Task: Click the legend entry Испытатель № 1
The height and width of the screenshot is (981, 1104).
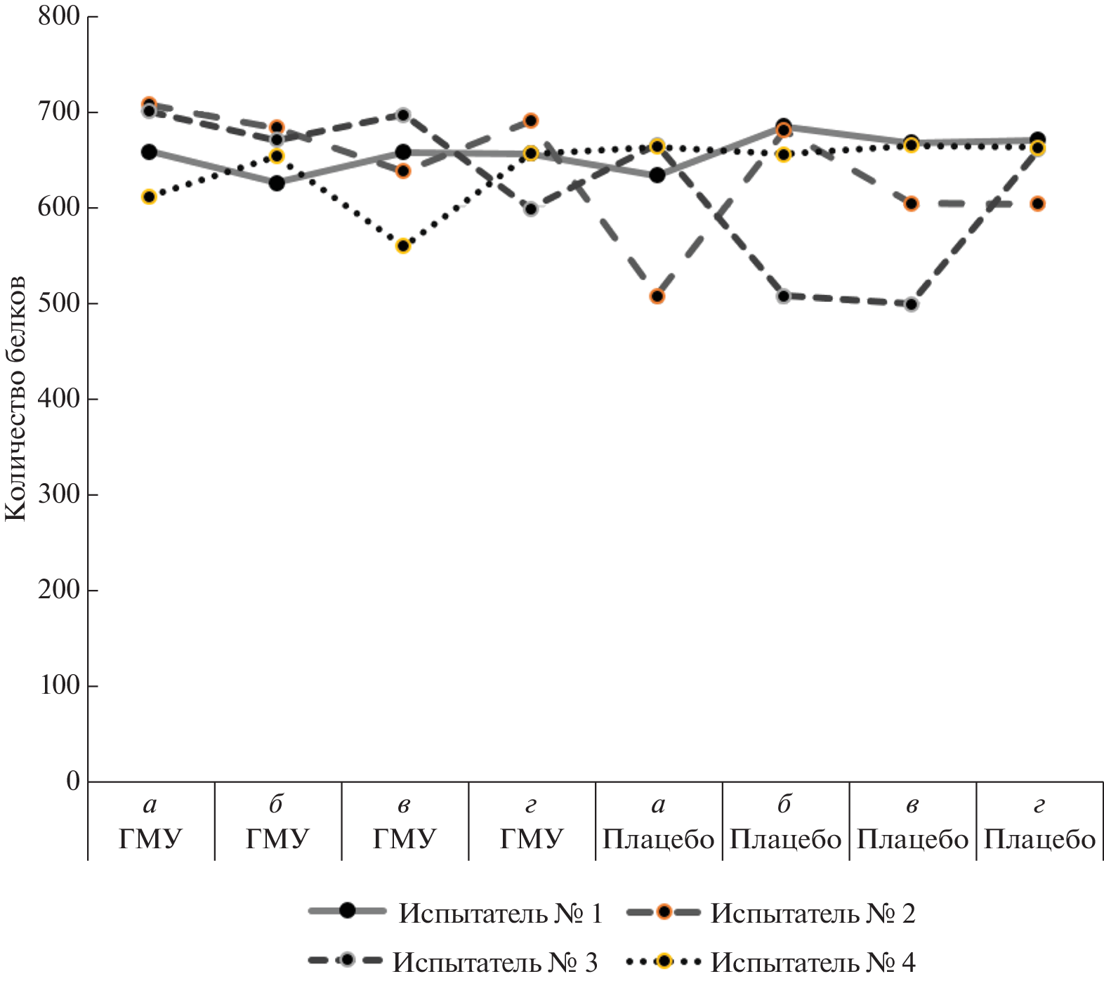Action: click(x=500, y=913)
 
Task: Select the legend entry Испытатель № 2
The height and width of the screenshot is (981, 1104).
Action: click(x=813, y=913)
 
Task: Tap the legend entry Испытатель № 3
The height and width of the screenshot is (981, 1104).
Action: click(x=494, y=961)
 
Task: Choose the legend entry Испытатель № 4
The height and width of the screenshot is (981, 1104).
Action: click(x=813, y=961)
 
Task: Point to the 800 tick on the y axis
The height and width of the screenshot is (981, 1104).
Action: click(x=59, y=16)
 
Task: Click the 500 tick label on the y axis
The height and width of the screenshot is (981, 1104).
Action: click(x=59, y=303)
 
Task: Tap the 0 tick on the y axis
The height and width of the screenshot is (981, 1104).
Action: click(x=73, y=781)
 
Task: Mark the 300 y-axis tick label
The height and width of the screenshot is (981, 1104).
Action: click(x=59, y=494)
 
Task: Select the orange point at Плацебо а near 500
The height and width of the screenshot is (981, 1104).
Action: click(x=657, y=296)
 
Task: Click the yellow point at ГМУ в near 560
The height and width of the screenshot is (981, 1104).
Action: click(x=403, y=246)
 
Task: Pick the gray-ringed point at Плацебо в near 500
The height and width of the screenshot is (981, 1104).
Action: click(x=912, y=304)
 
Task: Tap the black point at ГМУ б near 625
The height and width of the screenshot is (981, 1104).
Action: click(x=277, y=183)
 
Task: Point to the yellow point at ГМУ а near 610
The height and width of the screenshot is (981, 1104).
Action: click(x=149, y=197)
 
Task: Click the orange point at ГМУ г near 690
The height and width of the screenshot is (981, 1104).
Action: click(x=531, y=121)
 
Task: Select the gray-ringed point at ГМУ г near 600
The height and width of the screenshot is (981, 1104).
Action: click(x=531, y=209)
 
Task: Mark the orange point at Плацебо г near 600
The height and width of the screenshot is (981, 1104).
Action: click(x=1038, y=204)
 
